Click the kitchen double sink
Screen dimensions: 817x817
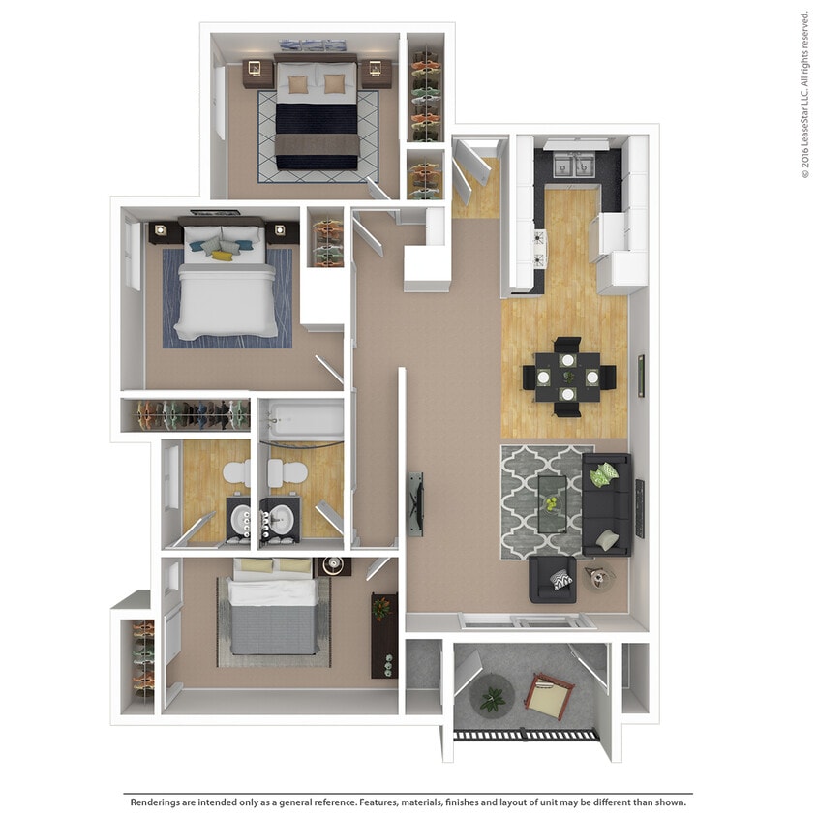tap(574, 166)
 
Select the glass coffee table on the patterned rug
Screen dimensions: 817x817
tap(553, 503)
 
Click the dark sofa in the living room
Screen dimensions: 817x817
tap(606, 504)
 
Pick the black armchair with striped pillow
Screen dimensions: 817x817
tap(553, 580)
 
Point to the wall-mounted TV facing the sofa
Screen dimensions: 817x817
tap(415, 503)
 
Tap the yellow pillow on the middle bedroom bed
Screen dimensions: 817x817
tap(224, 256)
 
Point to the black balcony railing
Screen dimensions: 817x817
tap(526, 735)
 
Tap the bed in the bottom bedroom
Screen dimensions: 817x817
tap(273, 609)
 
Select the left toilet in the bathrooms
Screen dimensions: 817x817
tap(236, 472)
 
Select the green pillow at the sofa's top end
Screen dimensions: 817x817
tap(606, 474)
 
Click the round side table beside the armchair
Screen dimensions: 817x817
tap(599, 579)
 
